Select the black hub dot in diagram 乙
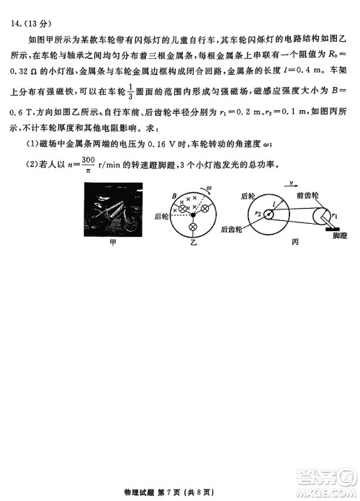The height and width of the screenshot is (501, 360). pos(192,215)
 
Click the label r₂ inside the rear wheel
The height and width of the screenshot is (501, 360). pos(257,214)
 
